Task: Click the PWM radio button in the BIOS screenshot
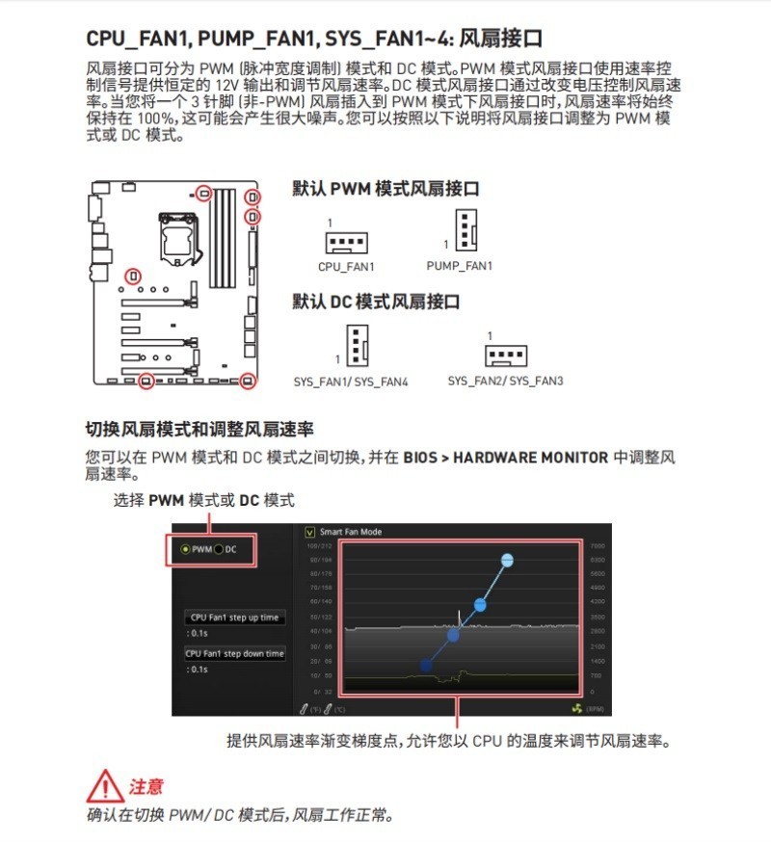(186, 549)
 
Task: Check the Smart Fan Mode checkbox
(310, 532)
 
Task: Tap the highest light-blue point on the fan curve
(507, 560)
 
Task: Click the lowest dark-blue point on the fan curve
(426, 665)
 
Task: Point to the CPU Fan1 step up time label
(234, 618)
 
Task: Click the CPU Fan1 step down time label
(234, 654)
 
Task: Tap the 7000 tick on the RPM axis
(597, 545)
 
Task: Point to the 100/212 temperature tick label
(320, 545)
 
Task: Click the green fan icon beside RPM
(576, 708)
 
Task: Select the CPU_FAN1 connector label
(346, 267)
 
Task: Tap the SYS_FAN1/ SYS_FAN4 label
(351, 382)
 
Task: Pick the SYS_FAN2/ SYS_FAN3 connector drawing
(505, 356)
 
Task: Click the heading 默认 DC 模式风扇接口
(376, 302)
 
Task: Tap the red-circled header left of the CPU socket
(133, 276)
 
